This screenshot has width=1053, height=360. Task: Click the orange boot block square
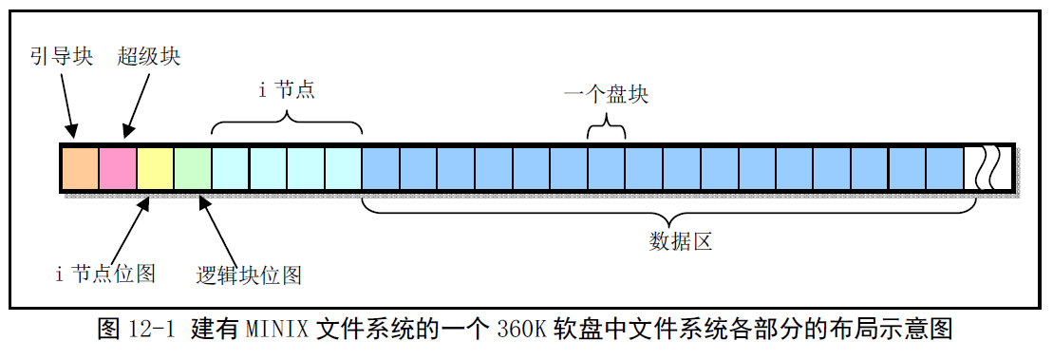(80, 167)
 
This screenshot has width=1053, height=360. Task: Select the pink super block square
(118, 167)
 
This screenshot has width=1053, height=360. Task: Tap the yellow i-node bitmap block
(156, 167)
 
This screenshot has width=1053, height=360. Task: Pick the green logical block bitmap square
(193, 167)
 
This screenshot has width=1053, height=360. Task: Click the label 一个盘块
(606, 95)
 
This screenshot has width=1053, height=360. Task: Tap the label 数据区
(680, 241)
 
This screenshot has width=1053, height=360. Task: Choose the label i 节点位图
(105, 275)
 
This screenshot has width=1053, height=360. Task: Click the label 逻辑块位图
(249, 275)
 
